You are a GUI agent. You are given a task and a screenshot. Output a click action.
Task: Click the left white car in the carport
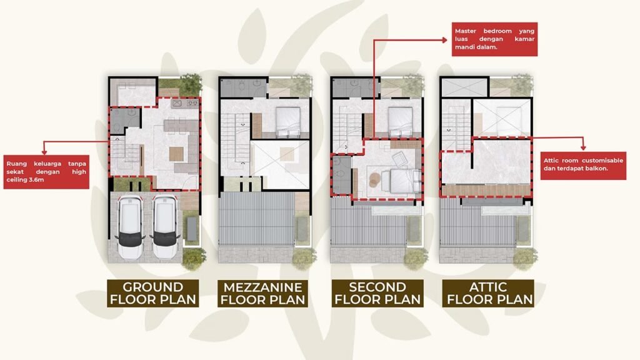(130, 227)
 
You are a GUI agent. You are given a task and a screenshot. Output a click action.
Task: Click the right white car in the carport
(165, 227)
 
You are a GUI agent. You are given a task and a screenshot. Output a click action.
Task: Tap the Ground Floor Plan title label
(153, 293)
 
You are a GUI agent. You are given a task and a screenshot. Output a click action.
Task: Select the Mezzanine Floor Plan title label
(263, 293)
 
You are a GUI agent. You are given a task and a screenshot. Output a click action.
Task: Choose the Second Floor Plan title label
(377, 293)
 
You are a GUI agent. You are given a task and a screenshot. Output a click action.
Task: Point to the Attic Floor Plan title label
(488, 293)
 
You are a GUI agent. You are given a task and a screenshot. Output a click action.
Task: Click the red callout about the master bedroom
(494, 39)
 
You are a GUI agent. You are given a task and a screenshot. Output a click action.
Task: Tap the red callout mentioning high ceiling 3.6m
(46, 172)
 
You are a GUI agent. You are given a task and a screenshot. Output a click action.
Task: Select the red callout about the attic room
(583, 164)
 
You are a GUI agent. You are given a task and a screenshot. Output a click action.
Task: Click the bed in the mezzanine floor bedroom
(288, 122)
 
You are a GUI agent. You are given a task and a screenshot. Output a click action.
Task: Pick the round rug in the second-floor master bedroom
(375, 180)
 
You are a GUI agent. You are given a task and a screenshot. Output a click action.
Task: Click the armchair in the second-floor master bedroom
(399, 159)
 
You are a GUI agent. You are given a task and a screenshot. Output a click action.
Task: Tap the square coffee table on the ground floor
(176, 154)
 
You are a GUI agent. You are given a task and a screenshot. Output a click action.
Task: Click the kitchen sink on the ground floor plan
(177, 103)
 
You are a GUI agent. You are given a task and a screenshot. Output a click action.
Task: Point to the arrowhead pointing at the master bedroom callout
(444, 40)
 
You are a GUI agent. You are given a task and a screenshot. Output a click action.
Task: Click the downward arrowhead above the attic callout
(583, 147)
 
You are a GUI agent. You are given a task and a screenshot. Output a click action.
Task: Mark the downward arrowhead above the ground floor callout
(44, 151)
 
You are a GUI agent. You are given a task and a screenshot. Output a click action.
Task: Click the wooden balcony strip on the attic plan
(486, 190)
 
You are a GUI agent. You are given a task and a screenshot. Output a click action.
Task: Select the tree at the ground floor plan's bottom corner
(194, 259)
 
